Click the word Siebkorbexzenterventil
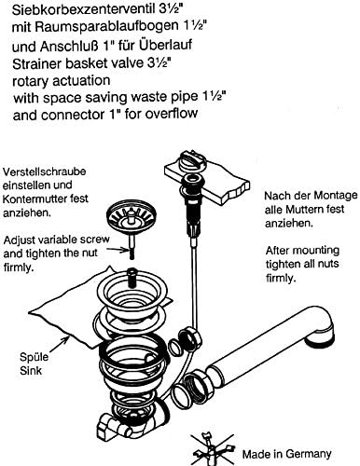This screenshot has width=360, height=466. (83, 9)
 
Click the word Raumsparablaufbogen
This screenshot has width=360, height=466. (105, 27)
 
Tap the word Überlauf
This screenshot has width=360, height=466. (165, 45)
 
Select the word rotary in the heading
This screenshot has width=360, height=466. (31, 81)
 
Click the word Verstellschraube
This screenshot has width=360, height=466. (44, 171)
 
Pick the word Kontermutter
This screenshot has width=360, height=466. (36, 199)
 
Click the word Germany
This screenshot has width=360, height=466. (309, 454)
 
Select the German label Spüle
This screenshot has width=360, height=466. (35, 357)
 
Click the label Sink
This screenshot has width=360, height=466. (31, 370)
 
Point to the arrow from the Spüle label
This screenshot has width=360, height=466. (58, 344)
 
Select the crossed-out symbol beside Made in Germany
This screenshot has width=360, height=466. (213, 449)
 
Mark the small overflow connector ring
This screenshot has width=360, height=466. (176, 347)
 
